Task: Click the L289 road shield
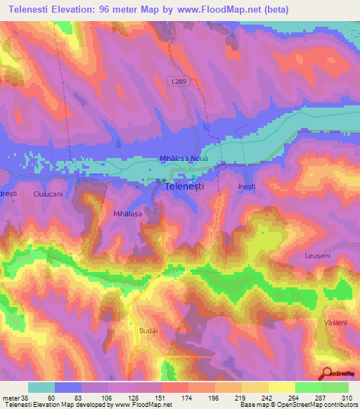[179, 83]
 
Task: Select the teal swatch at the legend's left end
[41, 387]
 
